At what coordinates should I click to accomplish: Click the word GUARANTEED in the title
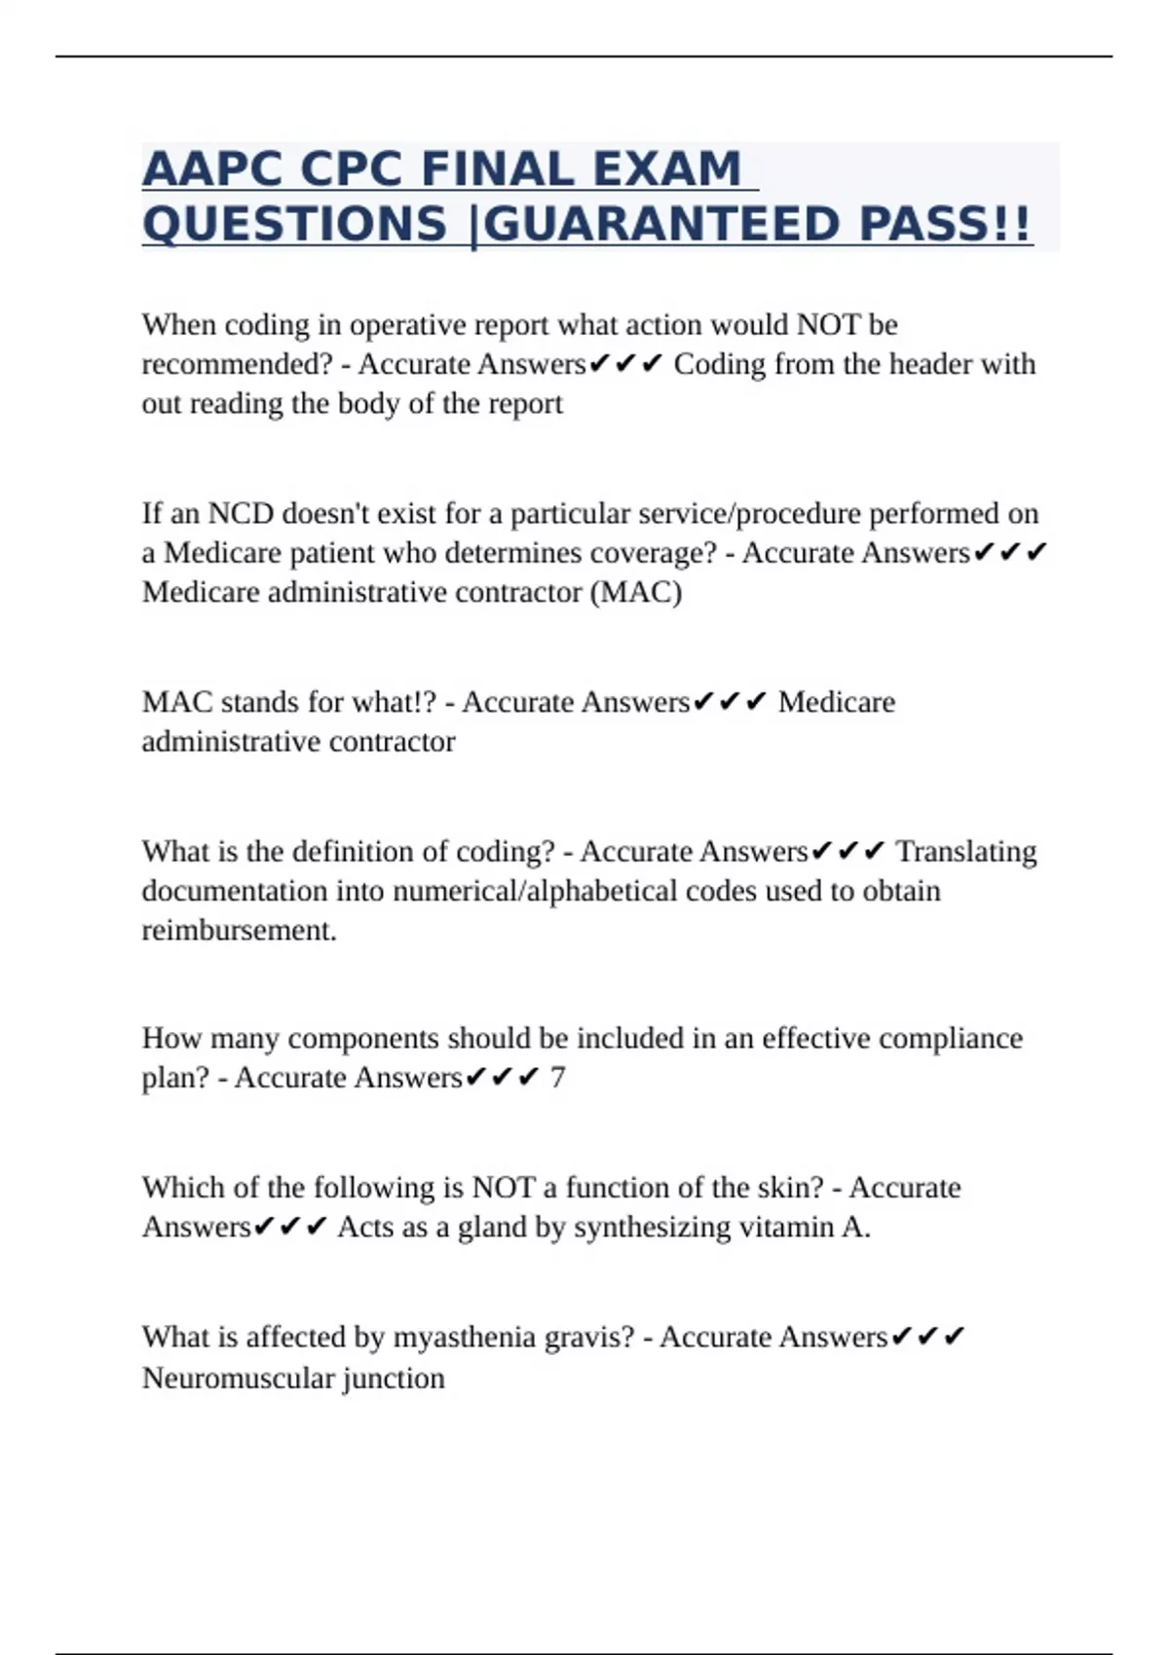pos(661,224)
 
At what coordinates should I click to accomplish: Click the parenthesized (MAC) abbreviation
pos(636,592)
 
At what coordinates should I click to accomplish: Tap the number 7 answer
pos(557,1078)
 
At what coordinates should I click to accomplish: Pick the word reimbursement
pos(239,931)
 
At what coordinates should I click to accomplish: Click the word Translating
pos(965,852)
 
